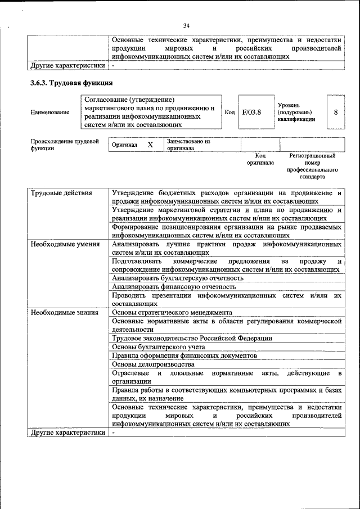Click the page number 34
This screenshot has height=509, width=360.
point(186,25)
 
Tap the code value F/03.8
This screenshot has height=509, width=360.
point(251,112)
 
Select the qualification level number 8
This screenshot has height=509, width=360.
point(335,112)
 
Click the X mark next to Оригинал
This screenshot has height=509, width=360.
point(150,145)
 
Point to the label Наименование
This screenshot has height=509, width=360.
point(50,112)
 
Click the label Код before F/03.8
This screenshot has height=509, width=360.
point(229,112)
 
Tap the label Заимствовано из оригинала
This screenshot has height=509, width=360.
point(188,145)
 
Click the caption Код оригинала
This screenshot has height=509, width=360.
point(260,159)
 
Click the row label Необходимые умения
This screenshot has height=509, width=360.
point(65,244)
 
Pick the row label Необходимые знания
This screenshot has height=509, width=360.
point(64,313)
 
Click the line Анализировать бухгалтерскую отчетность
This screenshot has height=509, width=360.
point(178,278)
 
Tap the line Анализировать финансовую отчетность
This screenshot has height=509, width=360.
point(173,286)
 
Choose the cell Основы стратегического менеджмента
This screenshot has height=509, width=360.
point(172,313)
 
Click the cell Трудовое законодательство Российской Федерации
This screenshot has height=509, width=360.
point(192,339)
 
